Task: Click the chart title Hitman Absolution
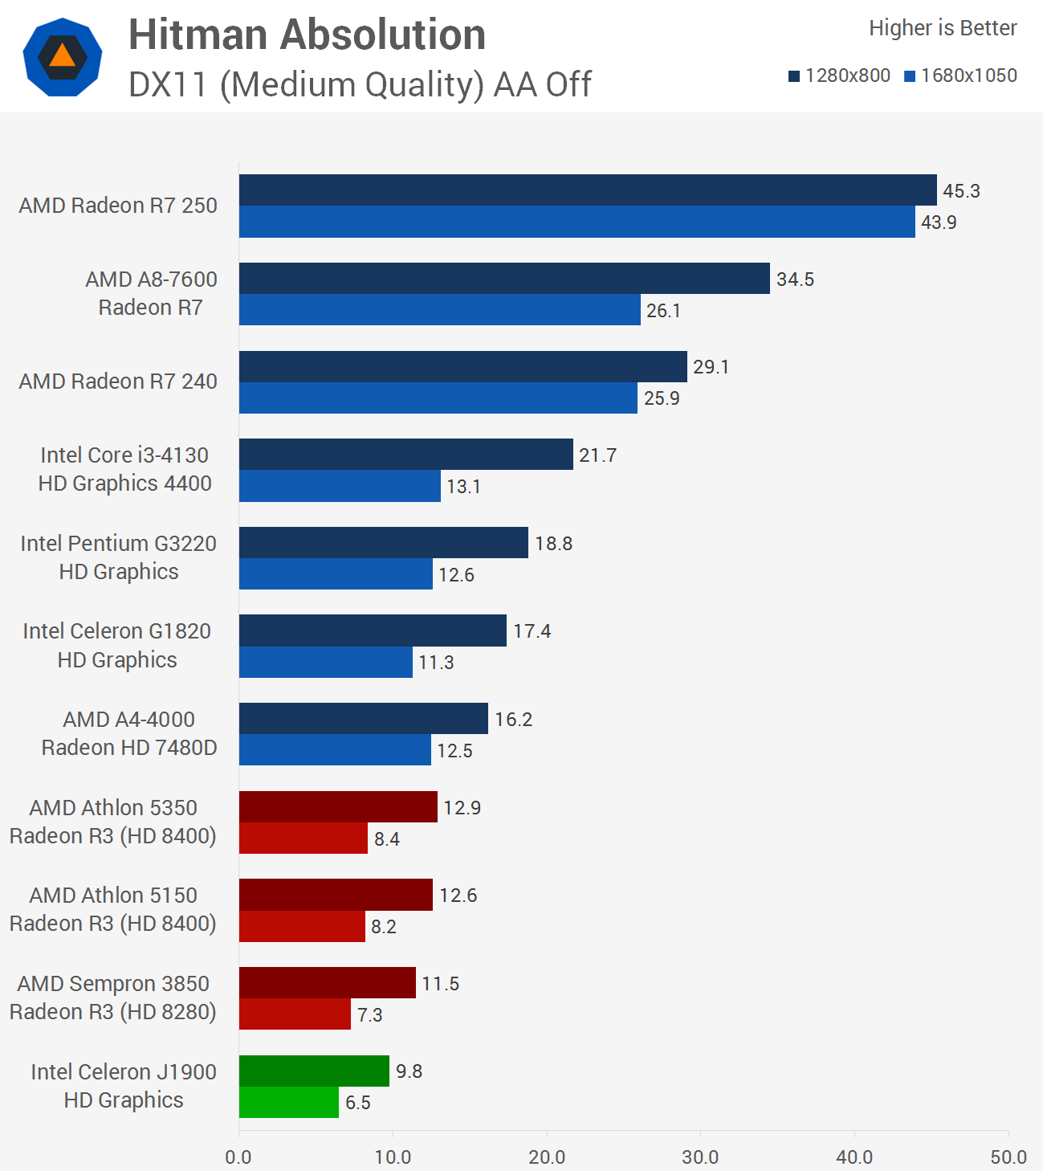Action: pyautogui.click(x=307, y=35)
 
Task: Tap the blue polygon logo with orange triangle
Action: pyautogui.click(x=63, y=57)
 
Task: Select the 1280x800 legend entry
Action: pyautogui.click(x=839, y=75)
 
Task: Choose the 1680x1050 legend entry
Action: pyautogui.click(x=960, y=75)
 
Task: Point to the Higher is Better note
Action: pyautogui.click(x=943, y=28)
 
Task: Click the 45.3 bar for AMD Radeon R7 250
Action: pyautogui.click(x=587, y=190)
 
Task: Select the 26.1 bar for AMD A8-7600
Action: pyautogui.click(x=439, y=310)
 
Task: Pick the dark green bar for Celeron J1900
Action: pyautogui.click(x=314, y=1071)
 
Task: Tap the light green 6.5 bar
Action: pyautogui.click(x=288, y=1102)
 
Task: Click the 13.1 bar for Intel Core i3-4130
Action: pyautogui.click(x=340, y=486)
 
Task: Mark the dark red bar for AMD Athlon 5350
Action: pyautogui.click(x=338, y=807)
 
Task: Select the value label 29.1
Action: pyautogui.click(x=711, y=367)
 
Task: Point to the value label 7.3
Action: pyautogui.click(x=369, y=1014)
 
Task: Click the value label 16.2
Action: pyautogui.click(x=513, y=719)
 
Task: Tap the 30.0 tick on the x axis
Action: pyautogui.click(x=700, y=1157)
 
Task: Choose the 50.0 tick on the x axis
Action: pyautogui.click(x=1008, y=1157)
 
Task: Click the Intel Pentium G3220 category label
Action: pyautogui.click(x=118, y=557)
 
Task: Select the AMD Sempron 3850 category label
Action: pyautogui.click(x=113, y=998)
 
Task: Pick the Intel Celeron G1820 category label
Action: pyautogui.click(x=117, y=646)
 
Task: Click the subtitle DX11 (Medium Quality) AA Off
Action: pyautogui.click(x=360, y=84)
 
